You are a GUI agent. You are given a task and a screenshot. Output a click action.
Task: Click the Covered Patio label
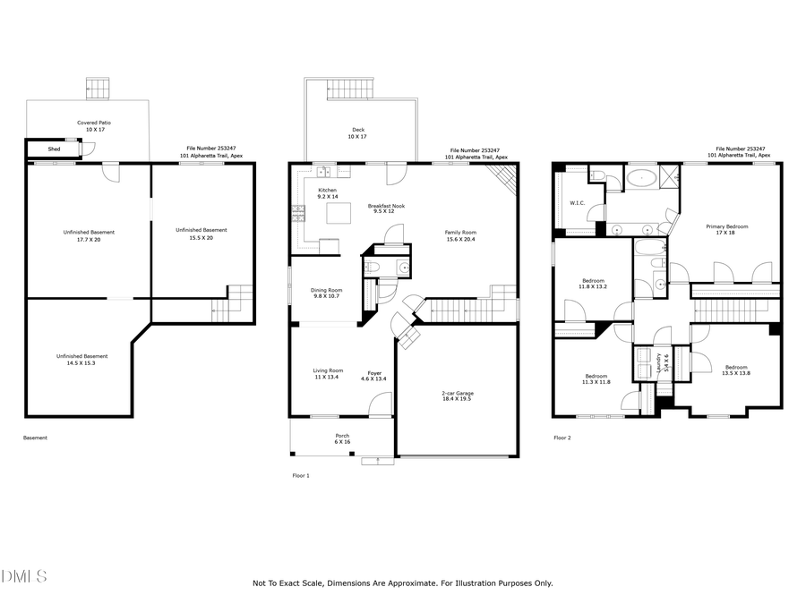(94, 126)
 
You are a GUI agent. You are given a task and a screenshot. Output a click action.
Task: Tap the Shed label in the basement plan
(55, 149)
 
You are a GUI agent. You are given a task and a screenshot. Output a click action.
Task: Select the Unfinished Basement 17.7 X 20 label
(89, 235)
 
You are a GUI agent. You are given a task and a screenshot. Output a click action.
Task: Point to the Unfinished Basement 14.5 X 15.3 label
(81, 359)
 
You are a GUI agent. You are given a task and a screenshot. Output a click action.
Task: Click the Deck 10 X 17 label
(358, 133)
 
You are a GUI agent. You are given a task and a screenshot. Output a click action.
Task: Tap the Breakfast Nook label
(386, 209)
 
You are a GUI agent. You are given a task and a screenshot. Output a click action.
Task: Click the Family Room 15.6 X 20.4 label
(460, 235)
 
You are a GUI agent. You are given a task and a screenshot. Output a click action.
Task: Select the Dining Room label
(327, 293)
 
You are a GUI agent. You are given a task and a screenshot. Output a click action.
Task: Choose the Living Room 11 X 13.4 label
(328, 374)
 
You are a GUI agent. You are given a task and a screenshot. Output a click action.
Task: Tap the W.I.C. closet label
(577, 202)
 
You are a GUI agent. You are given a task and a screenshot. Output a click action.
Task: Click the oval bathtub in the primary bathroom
(639, 177)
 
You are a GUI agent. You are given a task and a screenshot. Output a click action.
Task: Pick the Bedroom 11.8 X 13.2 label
(592, 283)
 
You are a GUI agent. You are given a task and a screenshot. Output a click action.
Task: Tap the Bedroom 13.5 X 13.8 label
(736, 370)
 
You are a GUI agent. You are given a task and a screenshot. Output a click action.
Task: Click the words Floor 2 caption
(562, 438)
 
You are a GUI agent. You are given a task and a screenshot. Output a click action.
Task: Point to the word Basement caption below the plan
(35, 438)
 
